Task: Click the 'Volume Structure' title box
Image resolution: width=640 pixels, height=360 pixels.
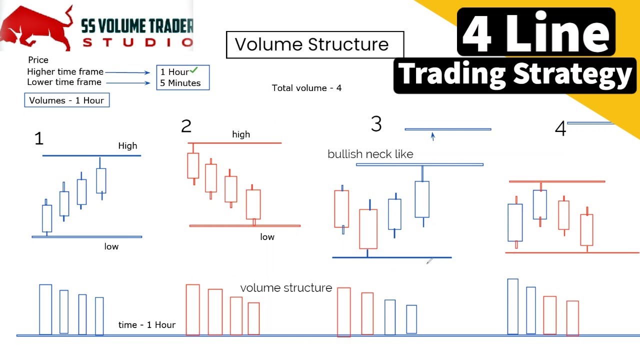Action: click(314, 44)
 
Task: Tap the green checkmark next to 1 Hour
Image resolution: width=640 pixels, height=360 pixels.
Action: click(194, 70)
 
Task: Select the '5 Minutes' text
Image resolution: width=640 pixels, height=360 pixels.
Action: click(180, 83)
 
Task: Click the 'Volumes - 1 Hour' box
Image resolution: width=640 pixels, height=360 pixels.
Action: click(66, 100)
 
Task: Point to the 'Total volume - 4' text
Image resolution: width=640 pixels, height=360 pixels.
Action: click(306, 88)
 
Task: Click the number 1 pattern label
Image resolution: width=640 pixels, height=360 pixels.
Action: click(39, 138)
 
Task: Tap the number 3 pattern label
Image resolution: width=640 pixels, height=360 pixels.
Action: click(376, 124)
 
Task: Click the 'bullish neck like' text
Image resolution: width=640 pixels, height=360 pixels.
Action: click(370, 154)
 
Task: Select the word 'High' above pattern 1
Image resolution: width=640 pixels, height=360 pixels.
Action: click(127, 146)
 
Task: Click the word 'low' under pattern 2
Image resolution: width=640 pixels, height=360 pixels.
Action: click(267, 237)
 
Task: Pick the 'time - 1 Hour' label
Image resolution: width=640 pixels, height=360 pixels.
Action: click(147, 325)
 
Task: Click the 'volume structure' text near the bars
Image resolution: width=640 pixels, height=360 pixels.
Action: click(286, 288)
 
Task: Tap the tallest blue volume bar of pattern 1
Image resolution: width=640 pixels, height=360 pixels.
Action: click(45, 309)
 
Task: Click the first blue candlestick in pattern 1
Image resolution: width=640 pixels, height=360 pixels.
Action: click(47, 218)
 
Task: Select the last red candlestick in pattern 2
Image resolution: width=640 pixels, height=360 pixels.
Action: click(253, 204)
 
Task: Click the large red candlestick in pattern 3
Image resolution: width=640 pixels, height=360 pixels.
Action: click(368, 229)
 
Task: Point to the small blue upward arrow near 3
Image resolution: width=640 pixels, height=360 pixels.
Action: click(433, 136)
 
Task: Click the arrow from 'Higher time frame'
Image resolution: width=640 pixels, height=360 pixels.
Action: click(127, 72)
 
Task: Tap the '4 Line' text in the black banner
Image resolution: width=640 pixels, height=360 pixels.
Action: click(535, 32)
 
